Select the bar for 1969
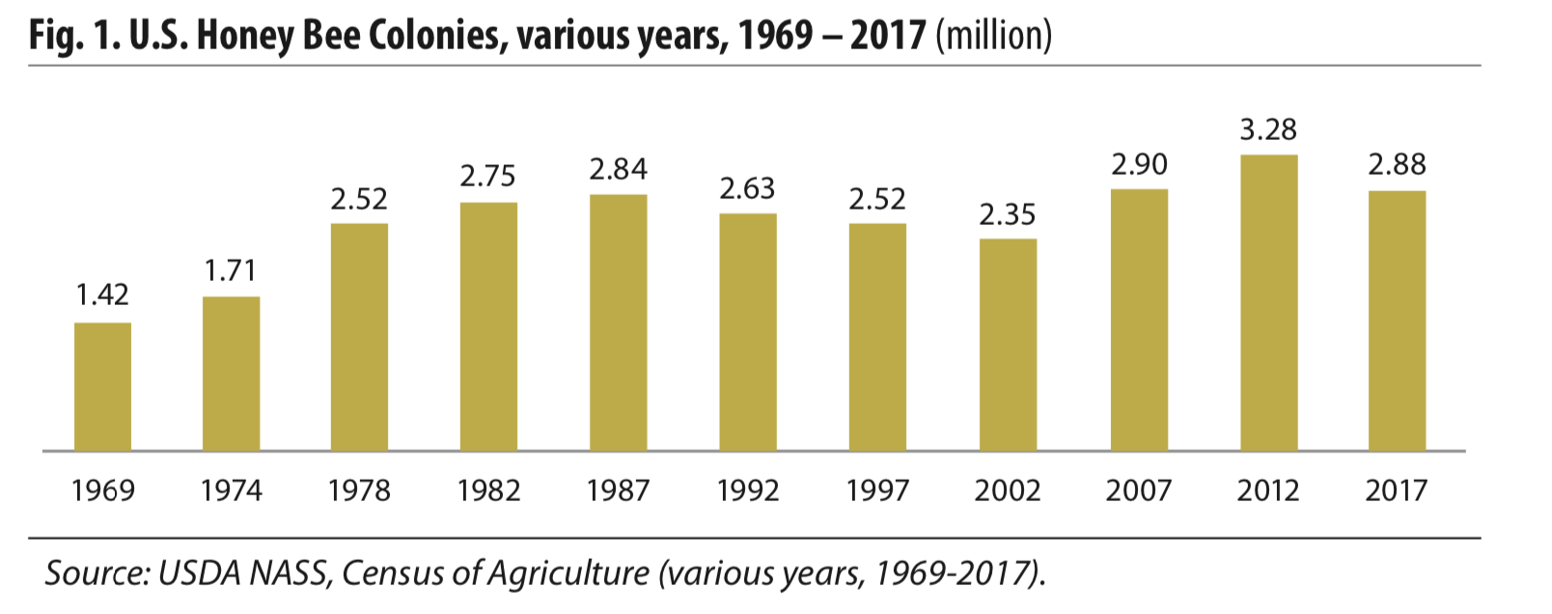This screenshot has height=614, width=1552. tap(102, 386)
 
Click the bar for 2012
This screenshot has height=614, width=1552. tap(1268, 302)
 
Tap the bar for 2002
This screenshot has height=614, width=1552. tap(1008, 345)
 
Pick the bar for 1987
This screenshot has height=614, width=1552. tap(618, 322)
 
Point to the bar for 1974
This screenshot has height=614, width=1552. tap(231, 374)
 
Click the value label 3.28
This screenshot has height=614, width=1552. tap(1268, 129)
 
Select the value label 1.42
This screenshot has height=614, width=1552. tap(102, 294)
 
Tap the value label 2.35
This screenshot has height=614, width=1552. tap(1008, 214)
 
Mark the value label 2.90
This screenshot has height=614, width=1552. tap(1139, 164)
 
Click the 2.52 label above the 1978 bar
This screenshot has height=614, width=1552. tap(359, 199)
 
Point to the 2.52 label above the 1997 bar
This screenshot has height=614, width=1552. tap(877, 199)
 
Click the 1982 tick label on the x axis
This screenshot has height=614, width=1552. tap(488, 490)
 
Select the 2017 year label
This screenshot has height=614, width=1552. tap(1396, 490)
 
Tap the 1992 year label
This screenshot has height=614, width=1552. tap(748, 490)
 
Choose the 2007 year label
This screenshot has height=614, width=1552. tap(1139, 490)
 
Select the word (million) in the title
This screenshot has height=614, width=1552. tap(994, 36)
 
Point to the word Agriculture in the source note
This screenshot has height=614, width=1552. tap(568, 573)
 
